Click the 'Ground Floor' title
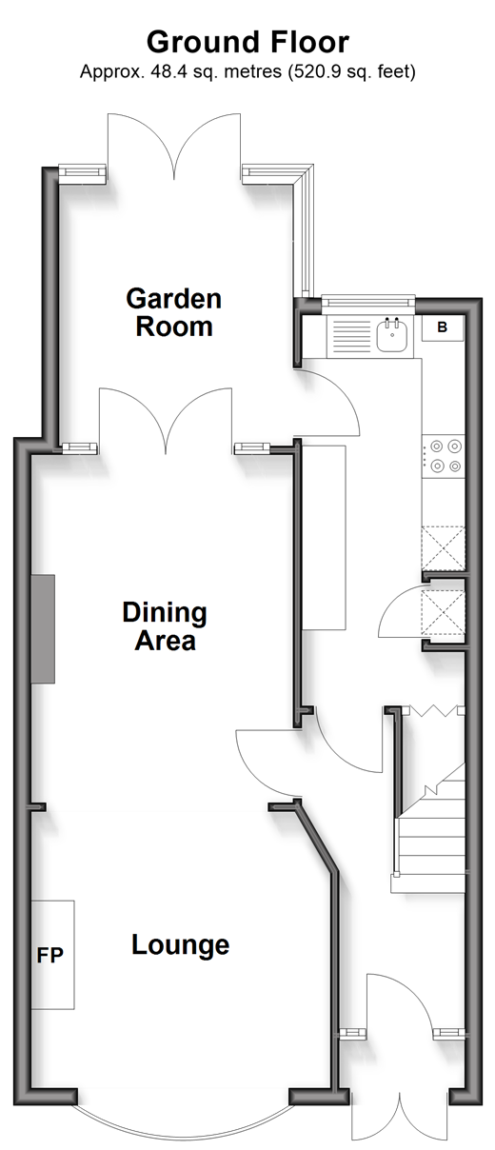(x=247, y=42)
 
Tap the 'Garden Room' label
(x=173, y=312)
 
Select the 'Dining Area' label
(x=165, y=625)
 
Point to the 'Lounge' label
(x=180, y=944)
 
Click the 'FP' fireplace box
(x=53, y=955)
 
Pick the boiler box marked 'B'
(x=443, y=327)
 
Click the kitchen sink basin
(x=392, y=334)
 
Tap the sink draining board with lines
(x=352, y=336)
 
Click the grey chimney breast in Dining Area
(x=43, y=629)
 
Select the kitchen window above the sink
(x=367, y=304)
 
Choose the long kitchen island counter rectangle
(x=324, y=537)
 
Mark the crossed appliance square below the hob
(x=444, y=547)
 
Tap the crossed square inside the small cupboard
(x=443, y=612)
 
